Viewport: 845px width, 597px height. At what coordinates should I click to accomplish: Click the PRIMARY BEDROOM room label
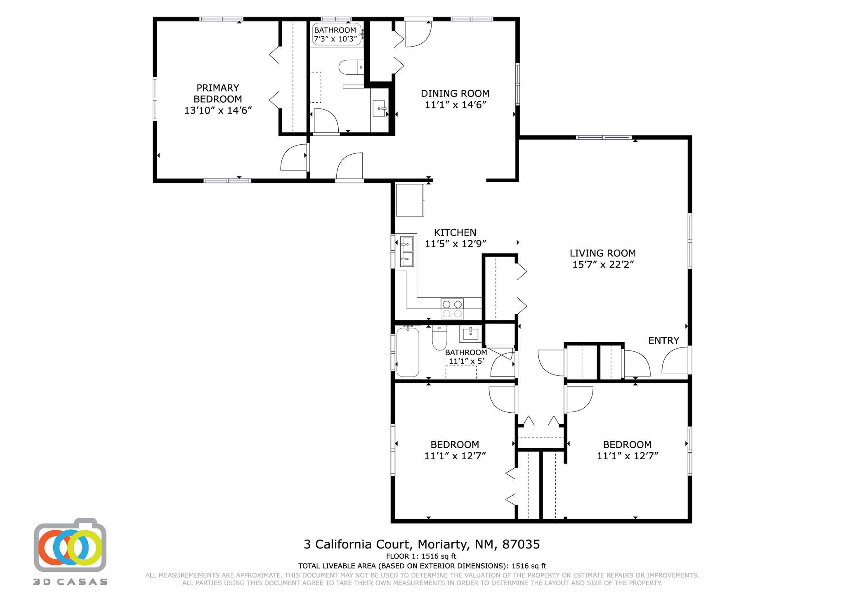[x=217, y=94]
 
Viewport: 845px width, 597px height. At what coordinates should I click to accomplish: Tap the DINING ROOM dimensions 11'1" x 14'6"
[x=456, y=105]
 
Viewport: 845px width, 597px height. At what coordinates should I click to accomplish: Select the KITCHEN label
[x=455, y=233]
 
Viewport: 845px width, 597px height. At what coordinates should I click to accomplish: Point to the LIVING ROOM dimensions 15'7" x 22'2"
[x=602, y=264]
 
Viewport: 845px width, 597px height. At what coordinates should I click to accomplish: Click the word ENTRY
[x=663, y=341]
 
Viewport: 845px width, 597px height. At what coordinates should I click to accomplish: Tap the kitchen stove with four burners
[x=452, y=309]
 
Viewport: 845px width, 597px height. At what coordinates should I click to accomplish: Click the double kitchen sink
[x=407, y=251]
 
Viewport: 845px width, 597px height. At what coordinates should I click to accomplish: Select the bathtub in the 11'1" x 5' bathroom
[x=408, y=351]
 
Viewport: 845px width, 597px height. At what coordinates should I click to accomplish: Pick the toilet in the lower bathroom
[x=439, y=338]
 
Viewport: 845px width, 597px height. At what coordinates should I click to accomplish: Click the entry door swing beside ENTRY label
[x=675, y=361]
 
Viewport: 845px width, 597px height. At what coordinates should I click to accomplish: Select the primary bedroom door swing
[x=293, y=157]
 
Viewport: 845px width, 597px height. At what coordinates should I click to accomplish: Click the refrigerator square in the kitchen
[x=410, y=200]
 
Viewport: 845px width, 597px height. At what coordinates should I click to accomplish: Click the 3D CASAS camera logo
[x=70, y=545]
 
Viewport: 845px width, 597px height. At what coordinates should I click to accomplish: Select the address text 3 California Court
[x=421, y=545]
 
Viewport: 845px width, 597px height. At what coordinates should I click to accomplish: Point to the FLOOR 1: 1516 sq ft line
[x=421, y=556]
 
